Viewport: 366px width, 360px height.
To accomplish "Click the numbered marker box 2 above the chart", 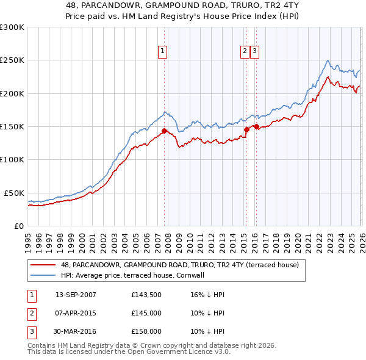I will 245,52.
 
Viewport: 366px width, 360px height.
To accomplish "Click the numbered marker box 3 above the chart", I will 254,52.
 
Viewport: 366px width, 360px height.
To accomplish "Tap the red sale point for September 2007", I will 164,131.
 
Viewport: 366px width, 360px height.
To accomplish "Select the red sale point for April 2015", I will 246,129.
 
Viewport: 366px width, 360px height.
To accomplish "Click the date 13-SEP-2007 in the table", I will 76,295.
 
